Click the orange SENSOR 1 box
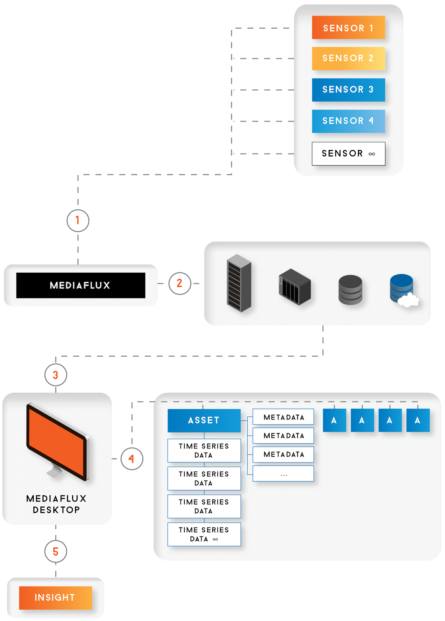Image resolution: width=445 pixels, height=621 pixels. [x=348, y=28]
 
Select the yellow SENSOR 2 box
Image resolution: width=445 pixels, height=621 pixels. [x=348, y=58]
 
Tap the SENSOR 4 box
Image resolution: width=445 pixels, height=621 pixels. [x=348, y=121]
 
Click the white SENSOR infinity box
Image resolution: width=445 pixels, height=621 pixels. [x=348, y=154]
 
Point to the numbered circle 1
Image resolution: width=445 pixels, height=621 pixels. [x=78, y=220]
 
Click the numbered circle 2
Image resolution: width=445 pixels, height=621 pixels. [x=180, y=283]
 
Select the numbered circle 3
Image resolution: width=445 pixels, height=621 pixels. [x=56, y=375]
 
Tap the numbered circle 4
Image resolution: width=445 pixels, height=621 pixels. [x=132, y=459]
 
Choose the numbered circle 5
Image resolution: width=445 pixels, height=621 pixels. [x=56, y=552]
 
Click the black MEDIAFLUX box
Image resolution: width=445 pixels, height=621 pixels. [x=81, y=285]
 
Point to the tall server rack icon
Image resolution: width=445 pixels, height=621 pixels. [x=239, y=283]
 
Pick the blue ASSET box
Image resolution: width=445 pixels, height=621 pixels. [x=204, y=420]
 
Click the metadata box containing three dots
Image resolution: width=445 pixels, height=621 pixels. [x=283, y=474]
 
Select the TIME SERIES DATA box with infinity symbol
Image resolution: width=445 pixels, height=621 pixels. [x=204, y=534]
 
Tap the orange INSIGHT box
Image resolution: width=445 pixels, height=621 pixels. [x=56, y=598]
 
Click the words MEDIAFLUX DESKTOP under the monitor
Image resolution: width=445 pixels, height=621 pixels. [x=57, y=504]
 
